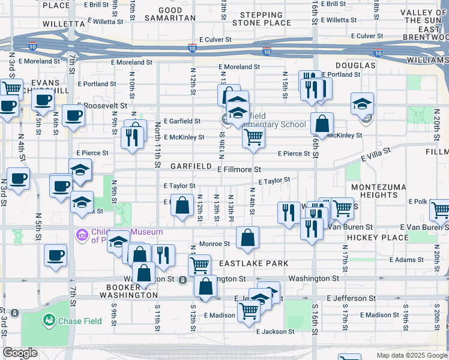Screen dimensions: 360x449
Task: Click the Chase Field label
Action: pyautogui.click(x=79, y=321)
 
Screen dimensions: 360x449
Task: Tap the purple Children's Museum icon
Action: pyautogui.click(x=81, y=233)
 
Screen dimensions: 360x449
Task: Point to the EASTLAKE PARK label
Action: pyautogui.click(x=253, y=263)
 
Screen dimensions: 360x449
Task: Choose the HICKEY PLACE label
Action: pyautogui.click(x=378, y=238)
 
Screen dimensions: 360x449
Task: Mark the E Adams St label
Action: pyautogui.click(x=407, y=260)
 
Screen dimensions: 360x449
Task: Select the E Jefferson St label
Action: pyautogui.click(x=351, y=298)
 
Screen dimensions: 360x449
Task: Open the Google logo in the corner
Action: pyautogui.click(x=20, y=353)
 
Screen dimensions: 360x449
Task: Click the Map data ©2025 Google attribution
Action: pyautogui.click(x=411, y=355)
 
